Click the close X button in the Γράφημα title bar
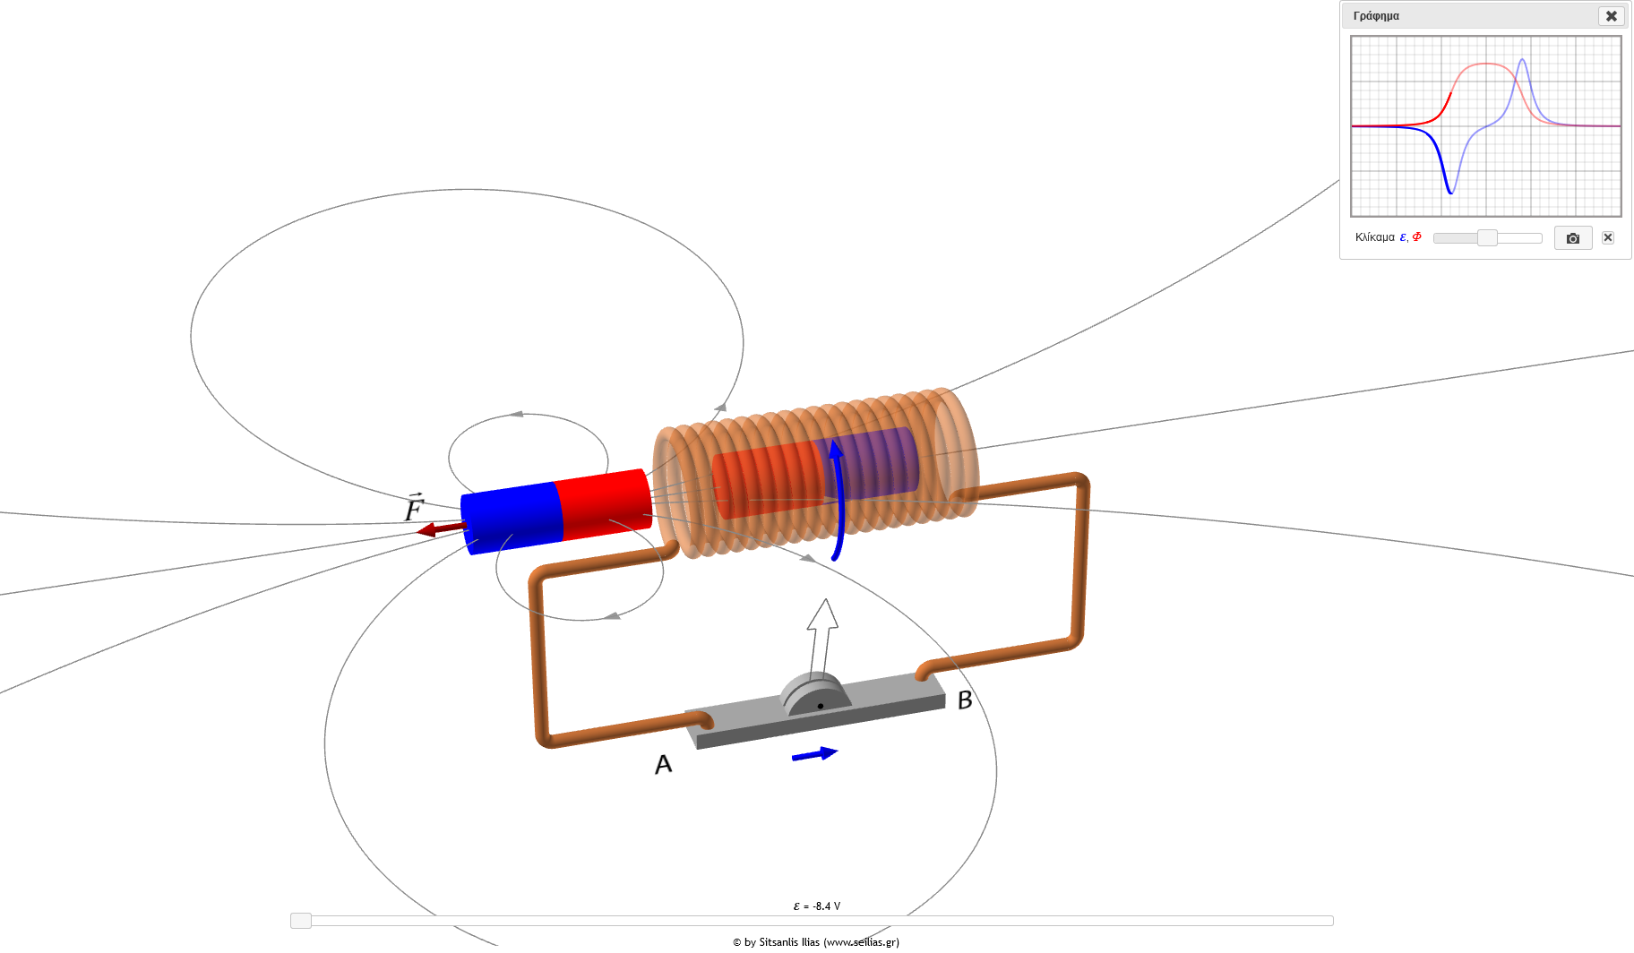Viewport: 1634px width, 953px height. (x=1611, y=16)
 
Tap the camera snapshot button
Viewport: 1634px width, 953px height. (x=1573, y=238)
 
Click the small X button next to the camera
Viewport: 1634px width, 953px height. (x=1608, y=237)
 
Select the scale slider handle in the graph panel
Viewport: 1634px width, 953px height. (x=1487, y=237)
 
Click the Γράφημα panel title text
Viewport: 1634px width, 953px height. (x=1376, y=16)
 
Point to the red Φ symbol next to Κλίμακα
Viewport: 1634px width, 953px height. (x=1416, y=236)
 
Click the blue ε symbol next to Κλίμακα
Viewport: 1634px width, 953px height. (x=1403, y=237)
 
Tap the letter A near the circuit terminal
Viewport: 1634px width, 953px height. (x=663, y=764)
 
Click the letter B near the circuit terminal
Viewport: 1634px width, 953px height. (x=965, y=700)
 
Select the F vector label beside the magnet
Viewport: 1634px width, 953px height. (x=413, y=507)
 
